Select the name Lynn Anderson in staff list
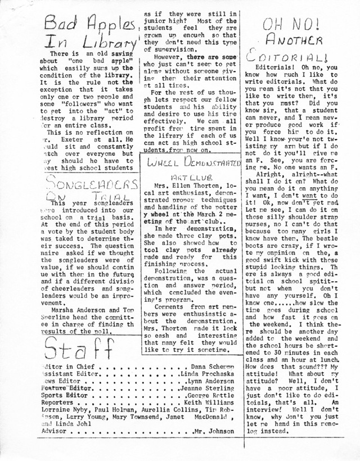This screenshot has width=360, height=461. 210,381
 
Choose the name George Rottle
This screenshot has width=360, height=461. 209,396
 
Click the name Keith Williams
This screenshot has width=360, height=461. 209,403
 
